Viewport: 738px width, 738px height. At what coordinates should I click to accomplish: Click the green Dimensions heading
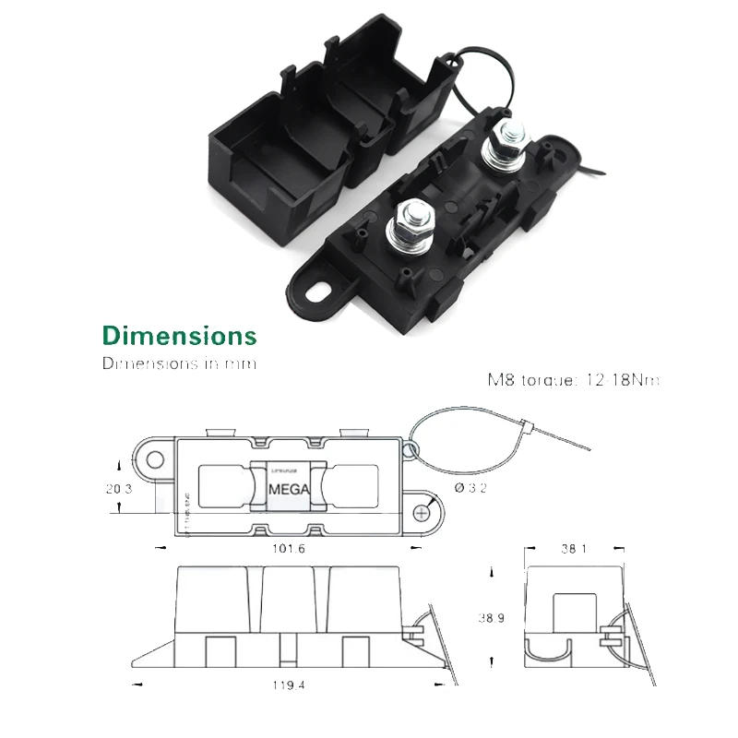(x=179, y=334)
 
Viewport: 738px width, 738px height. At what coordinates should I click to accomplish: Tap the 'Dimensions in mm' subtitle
(x=179, y=363)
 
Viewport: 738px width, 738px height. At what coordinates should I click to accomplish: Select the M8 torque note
(x=574, y=379)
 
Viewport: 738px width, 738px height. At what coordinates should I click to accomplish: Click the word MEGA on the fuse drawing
(x=289, y=486)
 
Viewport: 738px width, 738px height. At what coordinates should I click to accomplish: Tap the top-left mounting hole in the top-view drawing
(x=154, y=458)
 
